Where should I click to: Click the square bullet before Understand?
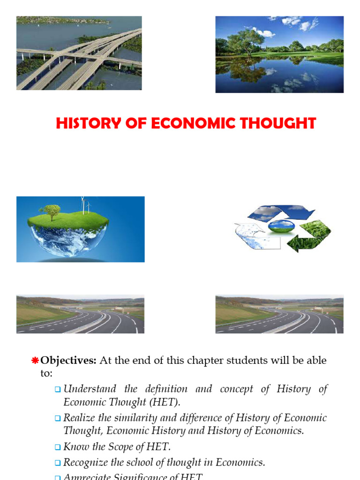[x=58, y=389]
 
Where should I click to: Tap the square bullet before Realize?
[x=58, y=418]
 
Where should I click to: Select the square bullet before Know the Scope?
[x=58, y=447]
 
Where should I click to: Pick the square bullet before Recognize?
[x=58, y=463]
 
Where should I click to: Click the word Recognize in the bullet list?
[x=86, y=463]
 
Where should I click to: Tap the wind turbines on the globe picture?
[x=84, y=205]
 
